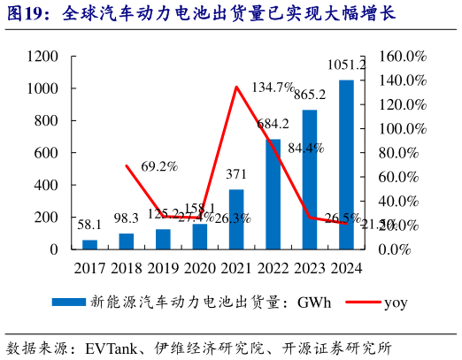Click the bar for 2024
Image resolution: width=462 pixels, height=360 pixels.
347,165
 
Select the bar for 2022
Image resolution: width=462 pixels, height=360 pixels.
273,194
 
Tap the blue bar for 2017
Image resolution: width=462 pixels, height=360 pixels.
90,244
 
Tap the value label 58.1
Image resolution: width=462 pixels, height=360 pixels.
90,225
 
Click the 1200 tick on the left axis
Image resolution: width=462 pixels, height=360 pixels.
43,57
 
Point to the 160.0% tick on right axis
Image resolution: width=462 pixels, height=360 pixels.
404,57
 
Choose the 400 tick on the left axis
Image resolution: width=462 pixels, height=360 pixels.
48,185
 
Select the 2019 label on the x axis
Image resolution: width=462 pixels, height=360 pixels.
163,268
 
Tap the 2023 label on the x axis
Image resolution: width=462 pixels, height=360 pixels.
310,268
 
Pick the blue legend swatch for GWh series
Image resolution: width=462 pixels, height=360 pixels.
69,303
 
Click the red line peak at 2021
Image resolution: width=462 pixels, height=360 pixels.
236,87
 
